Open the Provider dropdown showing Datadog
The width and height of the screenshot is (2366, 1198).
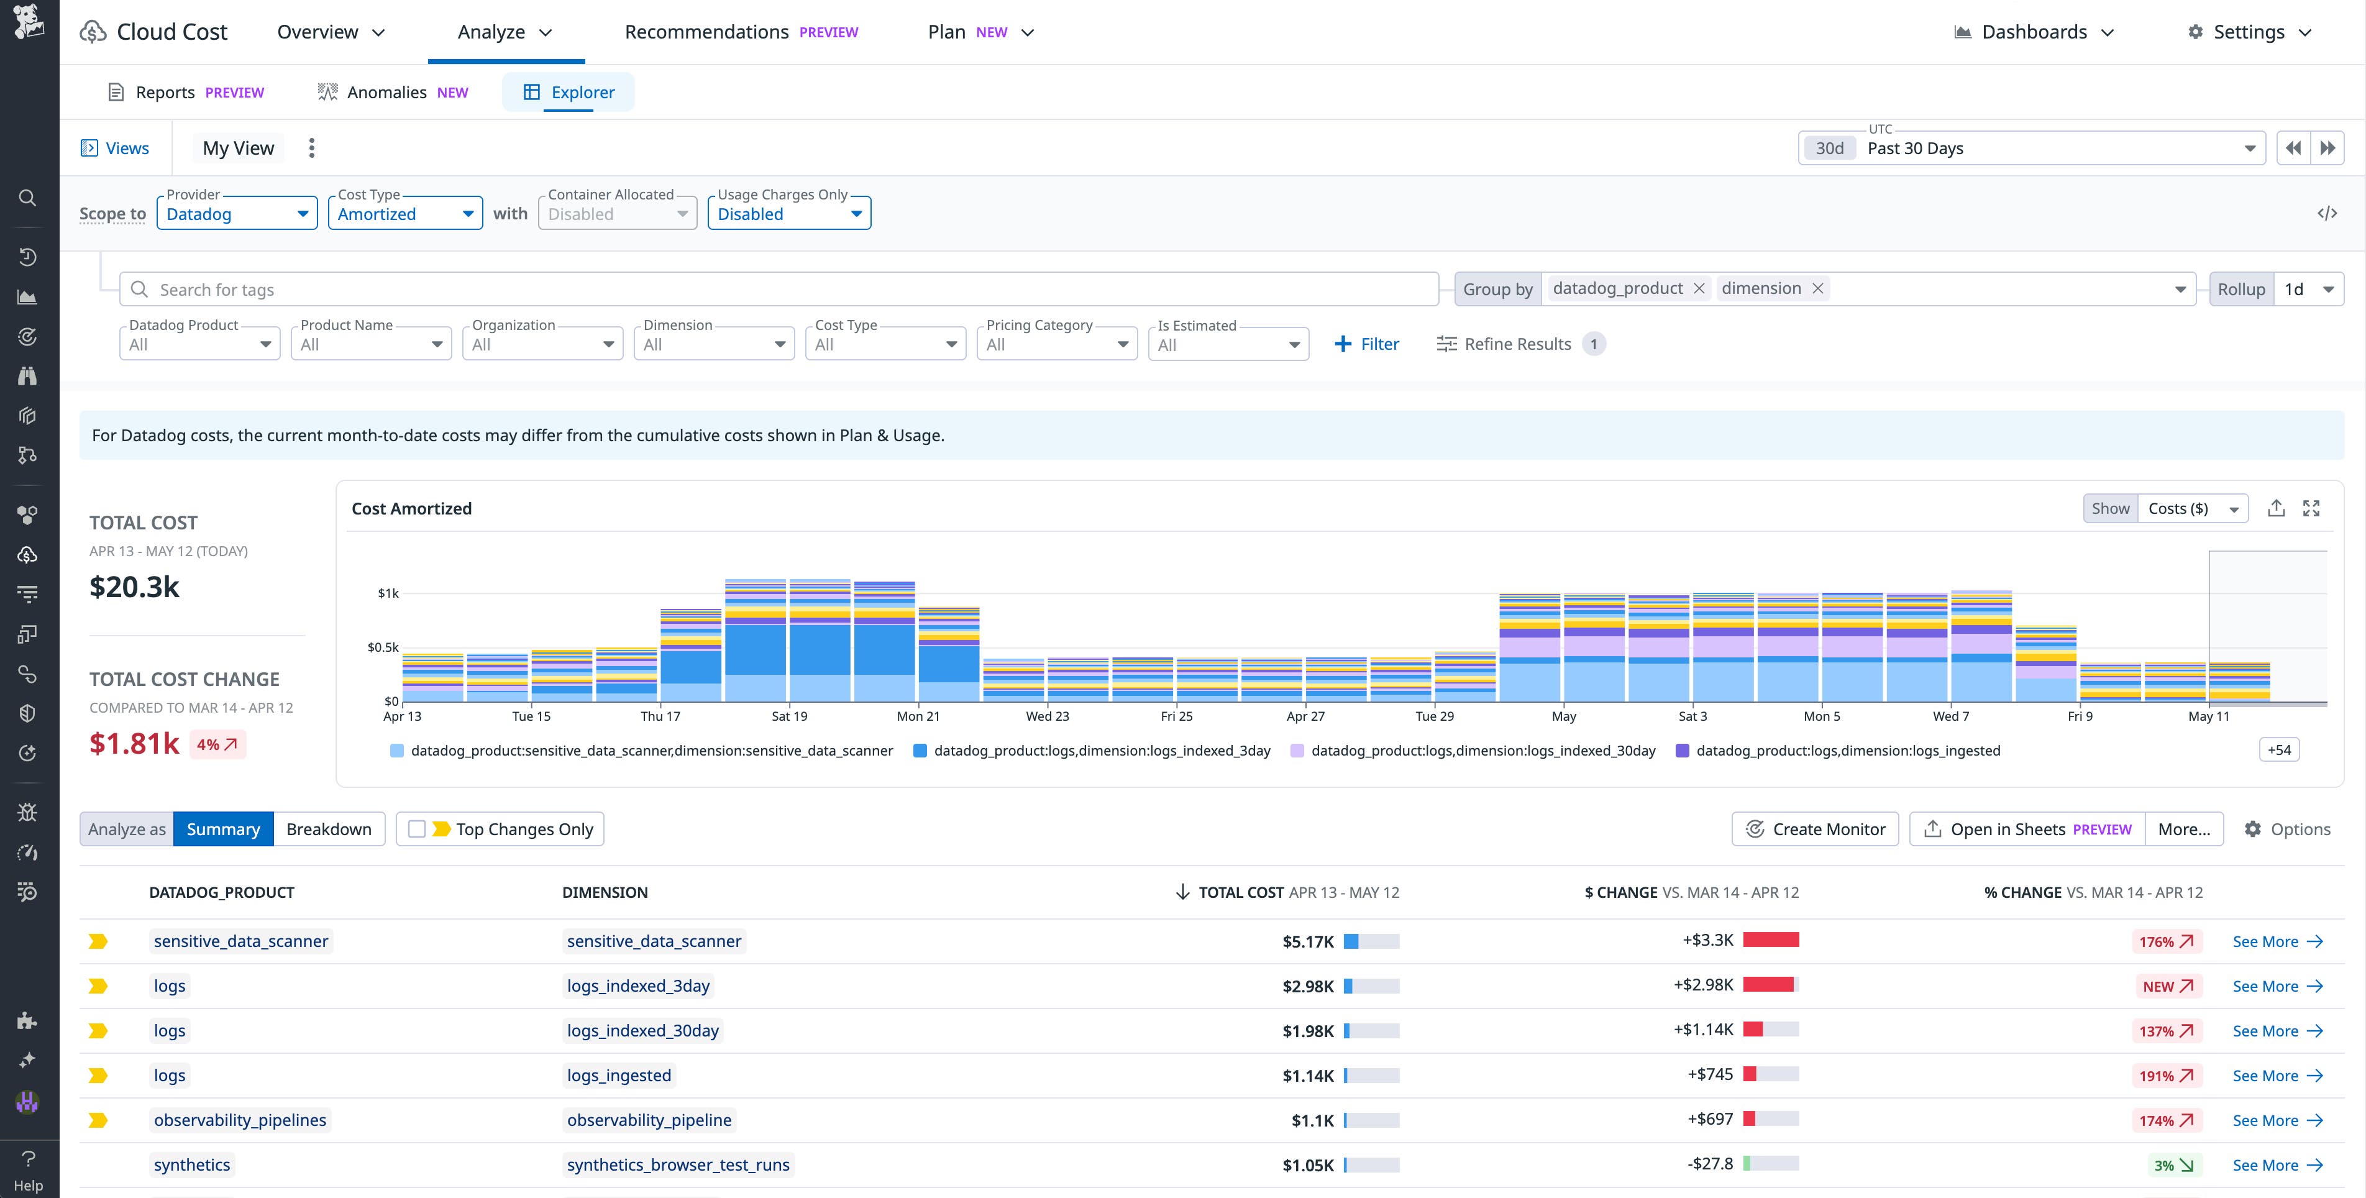pyautogui.click(x=236, y=214)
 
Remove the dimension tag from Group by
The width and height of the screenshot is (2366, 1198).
pyautogui.click(x=1817, y=288)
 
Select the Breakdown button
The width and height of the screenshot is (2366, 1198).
pyautogui.click(x=328, y=829)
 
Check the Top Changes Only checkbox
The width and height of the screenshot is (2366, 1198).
pyautogui.click(x=417, y=829)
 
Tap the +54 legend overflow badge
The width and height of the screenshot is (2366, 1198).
pyautogui.click(x=2279, y=749)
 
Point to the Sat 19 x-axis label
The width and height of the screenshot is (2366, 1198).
pyautogui.click(x=789, y=716)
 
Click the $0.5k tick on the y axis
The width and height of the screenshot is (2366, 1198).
pyautogui.click(x=383, y=647)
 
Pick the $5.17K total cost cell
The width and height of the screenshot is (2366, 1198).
pyautogui.click(x=1308, y=941)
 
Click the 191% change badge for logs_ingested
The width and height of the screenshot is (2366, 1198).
pyautogui.click(x=2166, y=1076)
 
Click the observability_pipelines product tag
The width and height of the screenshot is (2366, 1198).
pyautogui.click(x=240, y=1120)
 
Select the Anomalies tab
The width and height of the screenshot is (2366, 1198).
pyautogui.click(x=393, y=92)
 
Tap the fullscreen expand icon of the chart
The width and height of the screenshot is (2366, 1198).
pyautogui.click(x=2311, y=508)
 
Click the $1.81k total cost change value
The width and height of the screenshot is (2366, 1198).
pyautogui.click(x=134, y=743)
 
